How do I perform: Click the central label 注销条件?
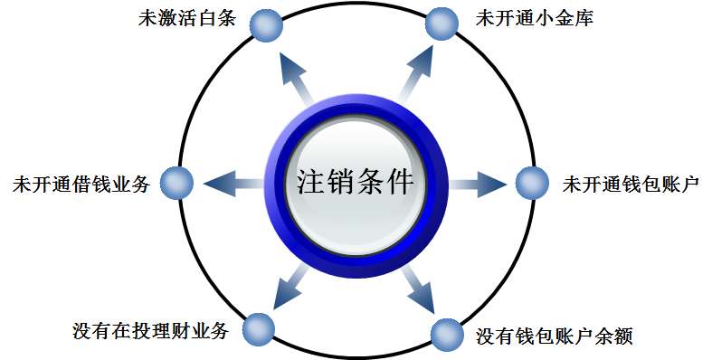coord(355,183)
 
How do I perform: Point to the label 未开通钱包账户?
coord(630,184)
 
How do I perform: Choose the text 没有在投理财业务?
coord(150,330)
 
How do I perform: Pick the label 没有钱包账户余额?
coord(554,337)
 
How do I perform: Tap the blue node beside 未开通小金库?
coord(441,24)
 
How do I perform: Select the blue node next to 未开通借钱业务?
coord(177,184)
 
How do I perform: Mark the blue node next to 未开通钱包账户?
coord(532,184)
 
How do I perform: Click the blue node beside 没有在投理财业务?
coord(259,328)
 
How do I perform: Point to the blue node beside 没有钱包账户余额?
coord(447,335)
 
